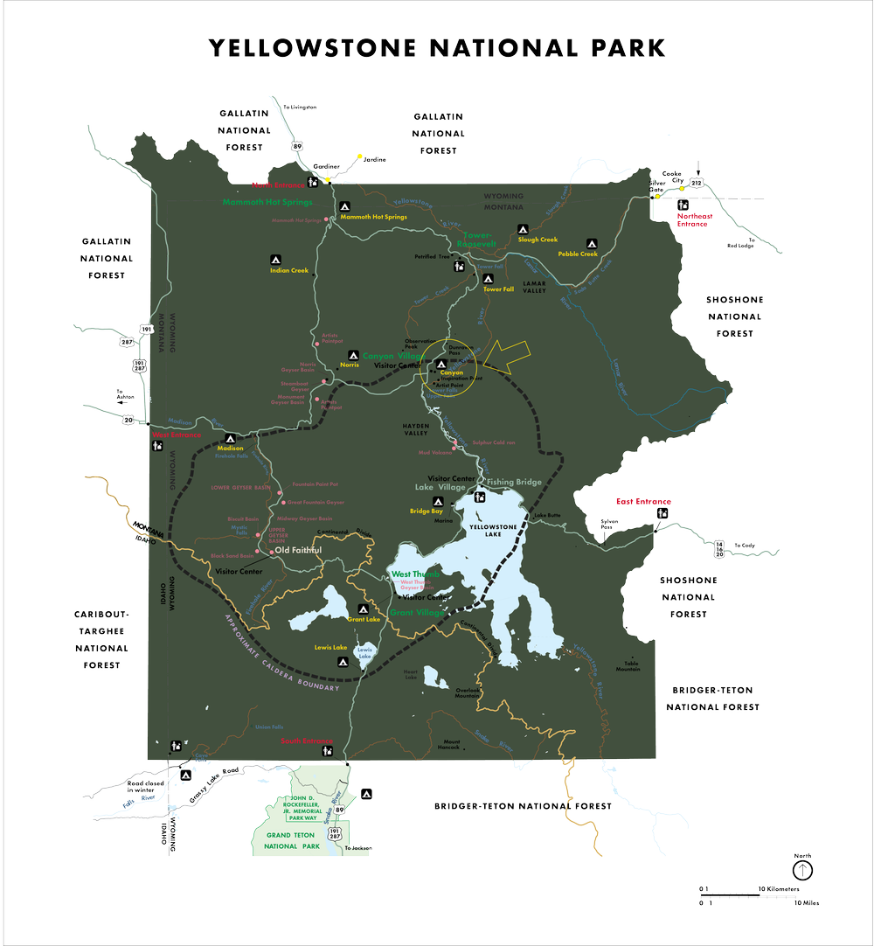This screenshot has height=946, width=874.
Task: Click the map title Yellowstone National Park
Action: [x=437, y=47]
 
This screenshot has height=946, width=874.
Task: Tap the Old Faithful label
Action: [x=298, y=550]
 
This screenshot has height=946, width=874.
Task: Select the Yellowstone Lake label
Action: [x=495, y=529]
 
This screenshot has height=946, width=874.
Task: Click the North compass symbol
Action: [x=801, y=870]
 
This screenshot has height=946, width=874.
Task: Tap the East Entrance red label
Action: [x=643, y=502]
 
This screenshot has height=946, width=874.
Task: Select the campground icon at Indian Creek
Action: [x=274, y=260]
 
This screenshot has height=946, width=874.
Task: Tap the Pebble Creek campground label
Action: [x=578, y=254]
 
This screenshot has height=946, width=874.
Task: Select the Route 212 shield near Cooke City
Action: [x=696, y=183]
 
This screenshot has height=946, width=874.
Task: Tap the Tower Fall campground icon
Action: [x=489, y=278]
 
